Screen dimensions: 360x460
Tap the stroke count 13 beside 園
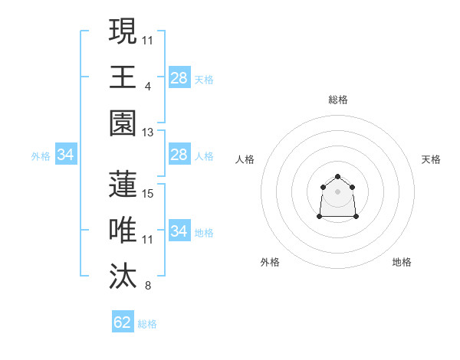(x=148, y=133)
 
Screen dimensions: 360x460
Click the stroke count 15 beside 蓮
(x=148, y=194)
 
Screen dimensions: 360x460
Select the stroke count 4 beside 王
(x=148, y=87)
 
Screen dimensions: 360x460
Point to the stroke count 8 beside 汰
(x=148, y=286)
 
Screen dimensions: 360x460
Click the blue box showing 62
(x=123, y=322)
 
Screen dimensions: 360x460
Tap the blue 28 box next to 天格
(x=179, y=78)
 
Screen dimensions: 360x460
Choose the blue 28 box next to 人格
(x=179, y=155)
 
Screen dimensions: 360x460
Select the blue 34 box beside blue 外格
(x=66, y=155)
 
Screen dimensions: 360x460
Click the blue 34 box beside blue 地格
(x=179, y=231)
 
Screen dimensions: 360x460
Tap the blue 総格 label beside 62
(x=147, y=324)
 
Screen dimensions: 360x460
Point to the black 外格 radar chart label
(x=270, y=262)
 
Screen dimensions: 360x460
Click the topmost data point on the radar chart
(x=337, y=177)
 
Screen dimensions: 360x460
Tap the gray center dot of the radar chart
(x=337, y=191)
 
